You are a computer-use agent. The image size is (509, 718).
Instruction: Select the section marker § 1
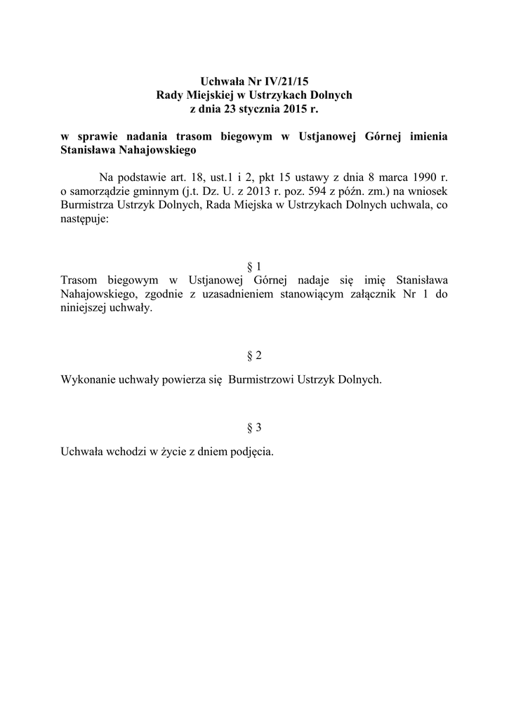(254, 267)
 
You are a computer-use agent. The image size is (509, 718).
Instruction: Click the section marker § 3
(254, 428)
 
